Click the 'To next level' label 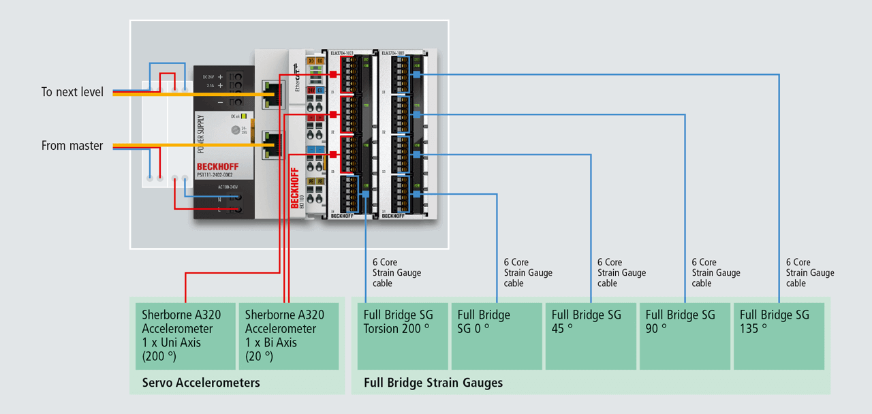pos(72,92)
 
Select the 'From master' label pos(72,145)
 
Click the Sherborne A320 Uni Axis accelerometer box pos(185,336)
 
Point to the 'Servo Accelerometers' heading pos(201,383)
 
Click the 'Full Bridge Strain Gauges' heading pos(433,383)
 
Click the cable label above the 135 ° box pos(809,272)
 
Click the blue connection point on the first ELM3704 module pos(366,194)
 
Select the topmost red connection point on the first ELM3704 pos(334,74)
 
